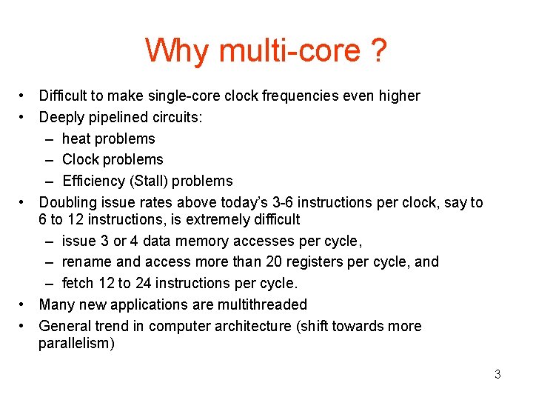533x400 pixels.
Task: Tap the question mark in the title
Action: click(x=378, y=50)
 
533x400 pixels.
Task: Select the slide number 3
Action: click(x=497, y=374)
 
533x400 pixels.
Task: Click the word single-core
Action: click(x=188, y=96)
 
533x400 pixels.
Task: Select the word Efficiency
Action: click(x=91, y=181)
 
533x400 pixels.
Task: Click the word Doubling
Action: click(x=67, y=202)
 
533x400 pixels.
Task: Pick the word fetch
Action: click(x=78, y=283)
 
